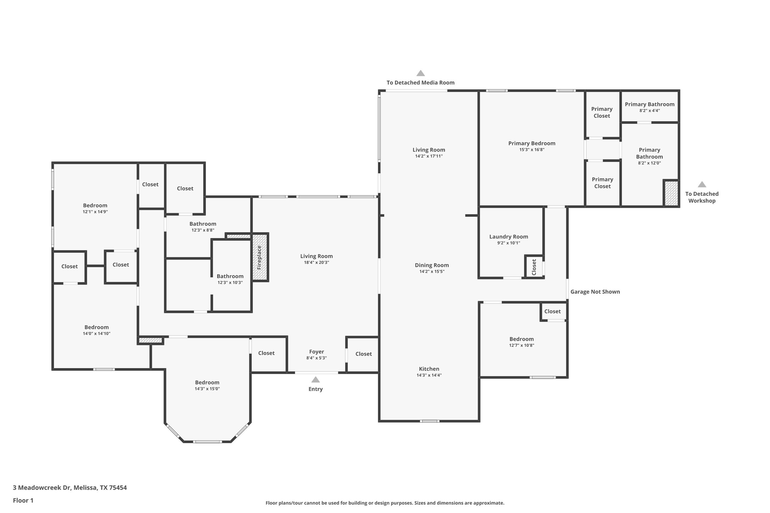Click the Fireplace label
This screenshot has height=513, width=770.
(x=259, y=258)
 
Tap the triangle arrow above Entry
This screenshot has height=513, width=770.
(x=316, y=380)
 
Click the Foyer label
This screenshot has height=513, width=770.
(x=316, y=351)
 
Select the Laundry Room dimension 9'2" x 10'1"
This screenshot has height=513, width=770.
(x=508, y=243)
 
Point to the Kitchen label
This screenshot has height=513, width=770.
(x=429, y=369)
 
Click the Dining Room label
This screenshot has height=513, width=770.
(x=431, y=265)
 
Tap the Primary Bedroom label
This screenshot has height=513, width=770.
(x=531, y=143)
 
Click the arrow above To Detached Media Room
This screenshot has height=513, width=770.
(x=420, y=73)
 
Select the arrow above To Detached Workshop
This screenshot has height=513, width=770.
(x=702, y=185)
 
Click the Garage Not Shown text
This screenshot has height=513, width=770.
(x=595, y=292)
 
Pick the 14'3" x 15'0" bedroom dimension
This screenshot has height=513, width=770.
(x=207, y=389)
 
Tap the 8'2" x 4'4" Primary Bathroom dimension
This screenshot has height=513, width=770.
(x=649, y=111)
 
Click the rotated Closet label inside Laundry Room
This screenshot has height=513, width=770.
(x=534, y=267)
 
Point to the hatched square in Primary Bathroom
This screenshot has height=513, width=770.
(x=671, y=193)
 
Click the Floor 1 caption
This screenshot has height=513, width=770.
(x=23, y=500)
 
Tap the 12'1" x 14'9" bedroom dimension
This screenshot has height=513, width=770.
(x=95, y=212)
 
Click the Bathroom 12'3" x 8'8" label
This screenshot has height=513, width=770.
(x=202, y=224)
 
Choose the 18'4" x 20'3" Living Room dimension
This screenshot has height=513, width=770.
(x=316, y=263)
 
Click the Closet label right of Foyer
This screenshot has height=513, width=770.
(x=363, y=354)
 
